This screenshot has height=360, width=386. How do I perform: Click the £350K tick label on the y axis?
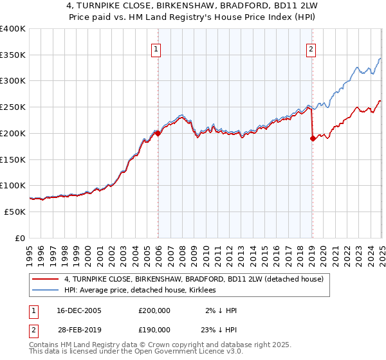(12, 55)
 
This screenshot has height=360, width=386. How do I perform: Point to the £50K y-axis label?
(15, 212)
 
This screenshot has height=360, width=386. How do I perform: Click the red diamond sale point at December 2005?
(158, 134)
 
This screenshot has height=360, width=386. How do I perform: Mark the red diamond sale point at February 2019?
(313, 138)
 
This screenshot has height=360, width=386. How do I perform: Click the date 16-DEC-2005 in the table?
(79, 310)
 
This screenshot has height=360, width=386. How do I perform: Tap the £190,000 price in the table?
(154, 329)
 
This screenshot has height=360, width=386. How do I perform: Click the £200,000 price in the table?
(154, 310)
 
